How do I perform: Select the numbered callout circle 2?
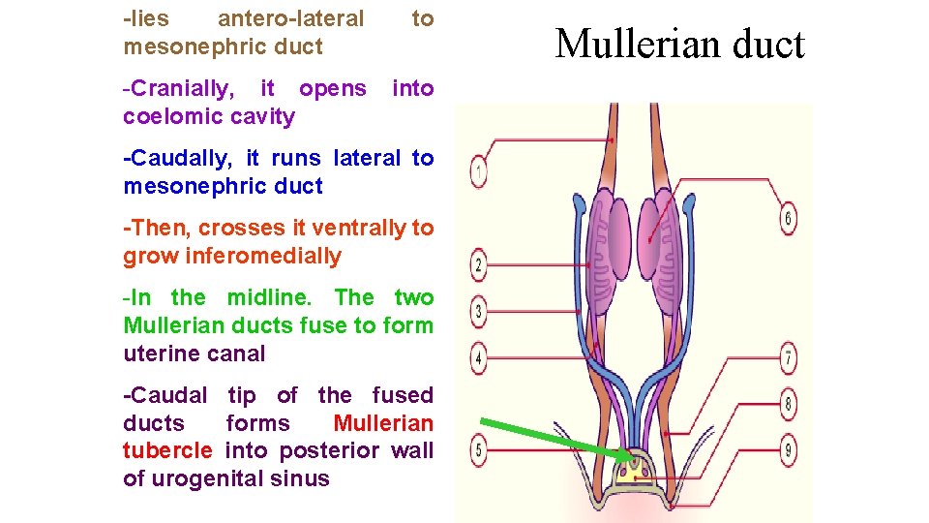pyautogui.click(x=479, y=263)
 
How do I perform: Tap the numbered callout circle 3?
pyautogui.click(x=479, y=311)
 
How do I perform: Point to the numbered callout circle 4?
pyautogui.click(x=479, y=359)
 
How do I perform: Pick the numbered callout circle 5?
pyautogui.click(x=479, y=449)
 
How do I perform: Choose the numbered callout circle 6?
pyautogui.click(x=788, y=219)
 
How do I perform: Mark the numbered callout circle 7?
pyautogui.click(x=789, y=359)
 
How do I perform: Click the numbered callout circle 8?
pyautogui.click(x=789, y=405)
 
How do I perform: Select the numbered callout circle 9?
pyautogui.click(x=789, y=449)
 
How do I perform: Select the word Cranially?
pyautogui.click(x=180, y=89)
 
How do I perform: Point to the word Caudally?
pyautogui.click(x=183, y=158)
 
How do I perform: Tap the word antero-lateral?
pyautogui.click(x=290, y=18)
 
